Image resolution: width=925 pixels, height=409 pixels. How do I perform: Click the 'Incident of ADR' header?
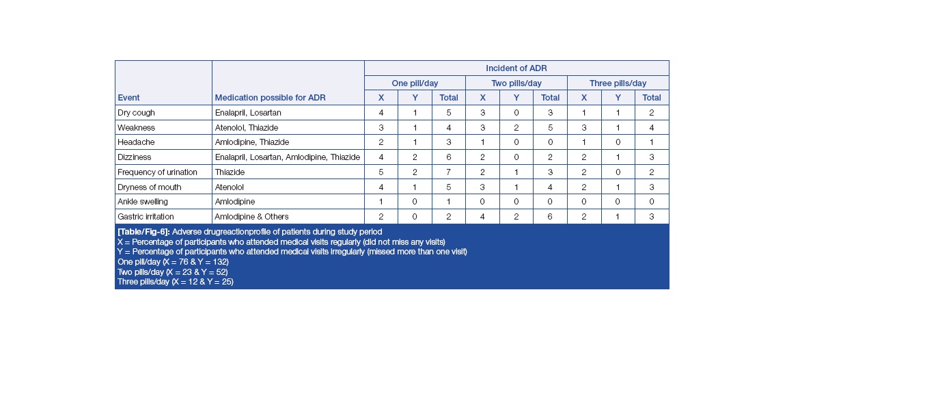[516, 68]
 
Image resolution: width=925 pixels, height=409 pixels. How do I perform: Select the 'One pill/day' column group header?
[415, 83]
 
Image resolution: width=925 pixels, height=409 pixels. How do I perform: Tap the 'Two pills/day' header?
[516, 83]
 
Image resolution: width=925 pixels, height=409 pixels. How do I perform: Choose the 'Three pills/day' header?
[618, 83]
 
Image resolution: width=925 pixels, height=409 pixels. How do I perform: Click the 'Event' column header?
[128, 98]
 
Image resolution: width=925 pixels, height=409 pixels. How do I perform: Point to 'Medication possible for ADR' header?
[270, 98]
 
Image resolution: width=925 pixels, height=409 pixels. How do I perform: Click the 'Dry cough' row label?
[137, 113]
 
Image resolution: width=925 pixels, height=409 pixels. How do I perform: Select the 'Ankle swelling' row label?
[143, 202]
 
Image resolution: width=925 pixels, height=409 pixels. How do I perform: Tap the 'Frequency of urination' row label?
[157, 172]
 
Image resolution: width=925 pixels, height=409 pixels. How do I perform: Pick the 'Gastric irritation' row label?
[146, 217]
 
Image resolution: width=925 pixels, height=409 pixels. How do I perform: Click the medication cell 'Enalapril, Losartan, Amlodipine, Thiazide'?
[288, 157]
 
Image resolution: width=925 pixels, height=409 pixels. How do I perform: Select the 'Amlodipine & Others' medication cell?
[252, 217]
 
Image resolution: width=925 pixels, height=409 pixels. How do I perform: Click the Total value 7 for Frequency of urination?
[449, 172]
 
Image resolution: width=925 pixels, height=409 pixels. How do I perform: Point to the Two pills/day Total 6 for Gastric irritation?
[550, 217]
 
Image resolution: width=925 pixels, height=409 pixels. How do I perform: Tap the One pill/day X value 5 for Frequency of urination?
[381, 172]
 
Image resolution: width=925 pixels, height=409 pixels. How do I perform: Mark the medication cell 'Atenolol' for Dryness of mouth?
[230, 187]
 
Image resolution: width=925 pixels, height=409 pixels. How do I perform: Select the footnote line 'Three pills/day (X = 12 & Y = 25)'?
[176, 282]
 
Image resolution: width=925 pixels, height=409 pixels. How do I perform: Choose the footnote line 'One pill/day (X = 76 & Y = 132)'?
[173, 262]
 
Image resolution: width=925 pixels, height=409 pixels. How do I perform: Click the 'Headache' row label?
[136, 142]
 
